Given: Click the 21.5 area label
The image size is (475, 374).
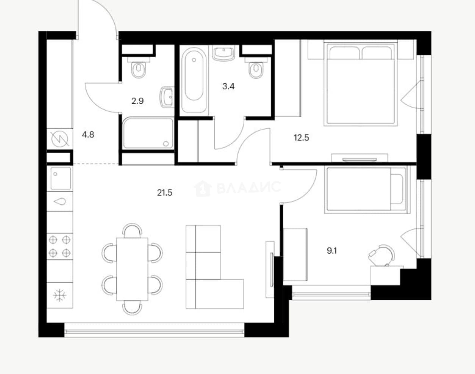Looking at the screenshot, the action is click(165, 193).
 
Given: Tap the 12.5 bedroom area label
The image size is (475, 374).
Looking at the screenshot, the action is click(302, 138).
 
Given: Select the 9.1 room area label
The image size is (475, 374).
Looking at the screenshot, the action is click(332, 251).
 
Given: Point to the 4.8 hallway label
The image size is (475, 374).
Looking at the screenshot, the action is click(88, 134).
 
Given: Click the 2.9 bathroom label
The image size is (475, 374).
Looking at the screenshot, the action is click(137, 101).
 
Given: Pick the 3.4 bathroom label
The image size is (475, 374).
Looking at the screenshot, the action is click(228, 86).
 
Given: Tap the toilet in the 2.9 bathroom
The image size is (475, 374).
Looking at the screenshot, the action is click(139, 68).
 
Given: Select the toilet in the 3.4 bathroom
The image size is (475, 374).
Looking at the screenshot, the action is click(256, 68).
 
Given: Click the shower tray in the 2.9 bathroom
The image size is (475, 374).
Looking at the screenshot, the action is click(148, 133).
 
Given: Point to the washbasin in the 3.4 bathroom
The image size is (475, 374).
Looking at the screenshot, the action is click(223, 53).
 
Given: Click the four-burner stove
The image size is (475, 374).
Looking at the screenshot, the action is click(59, 246).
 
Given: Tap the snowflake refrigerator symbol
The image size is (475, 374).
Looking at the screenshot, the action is click(59, 295).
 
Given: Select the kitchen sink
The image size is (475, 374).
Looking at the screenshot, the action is click(61, 178).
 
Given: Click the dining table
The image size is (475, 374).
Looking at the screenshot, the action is click(132, 269).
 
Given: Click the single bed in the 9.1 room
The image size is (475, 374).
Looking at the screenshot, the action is click(366, 190).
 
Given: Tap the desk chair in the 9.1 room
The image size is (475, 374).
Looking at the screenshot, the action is click(382, 255).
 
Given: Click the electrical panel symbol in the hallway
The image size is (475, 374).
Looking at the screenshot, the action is click(60, 139).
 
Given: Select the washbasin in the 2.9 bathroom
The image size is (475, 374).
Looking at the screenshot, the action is click(166, 97).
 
